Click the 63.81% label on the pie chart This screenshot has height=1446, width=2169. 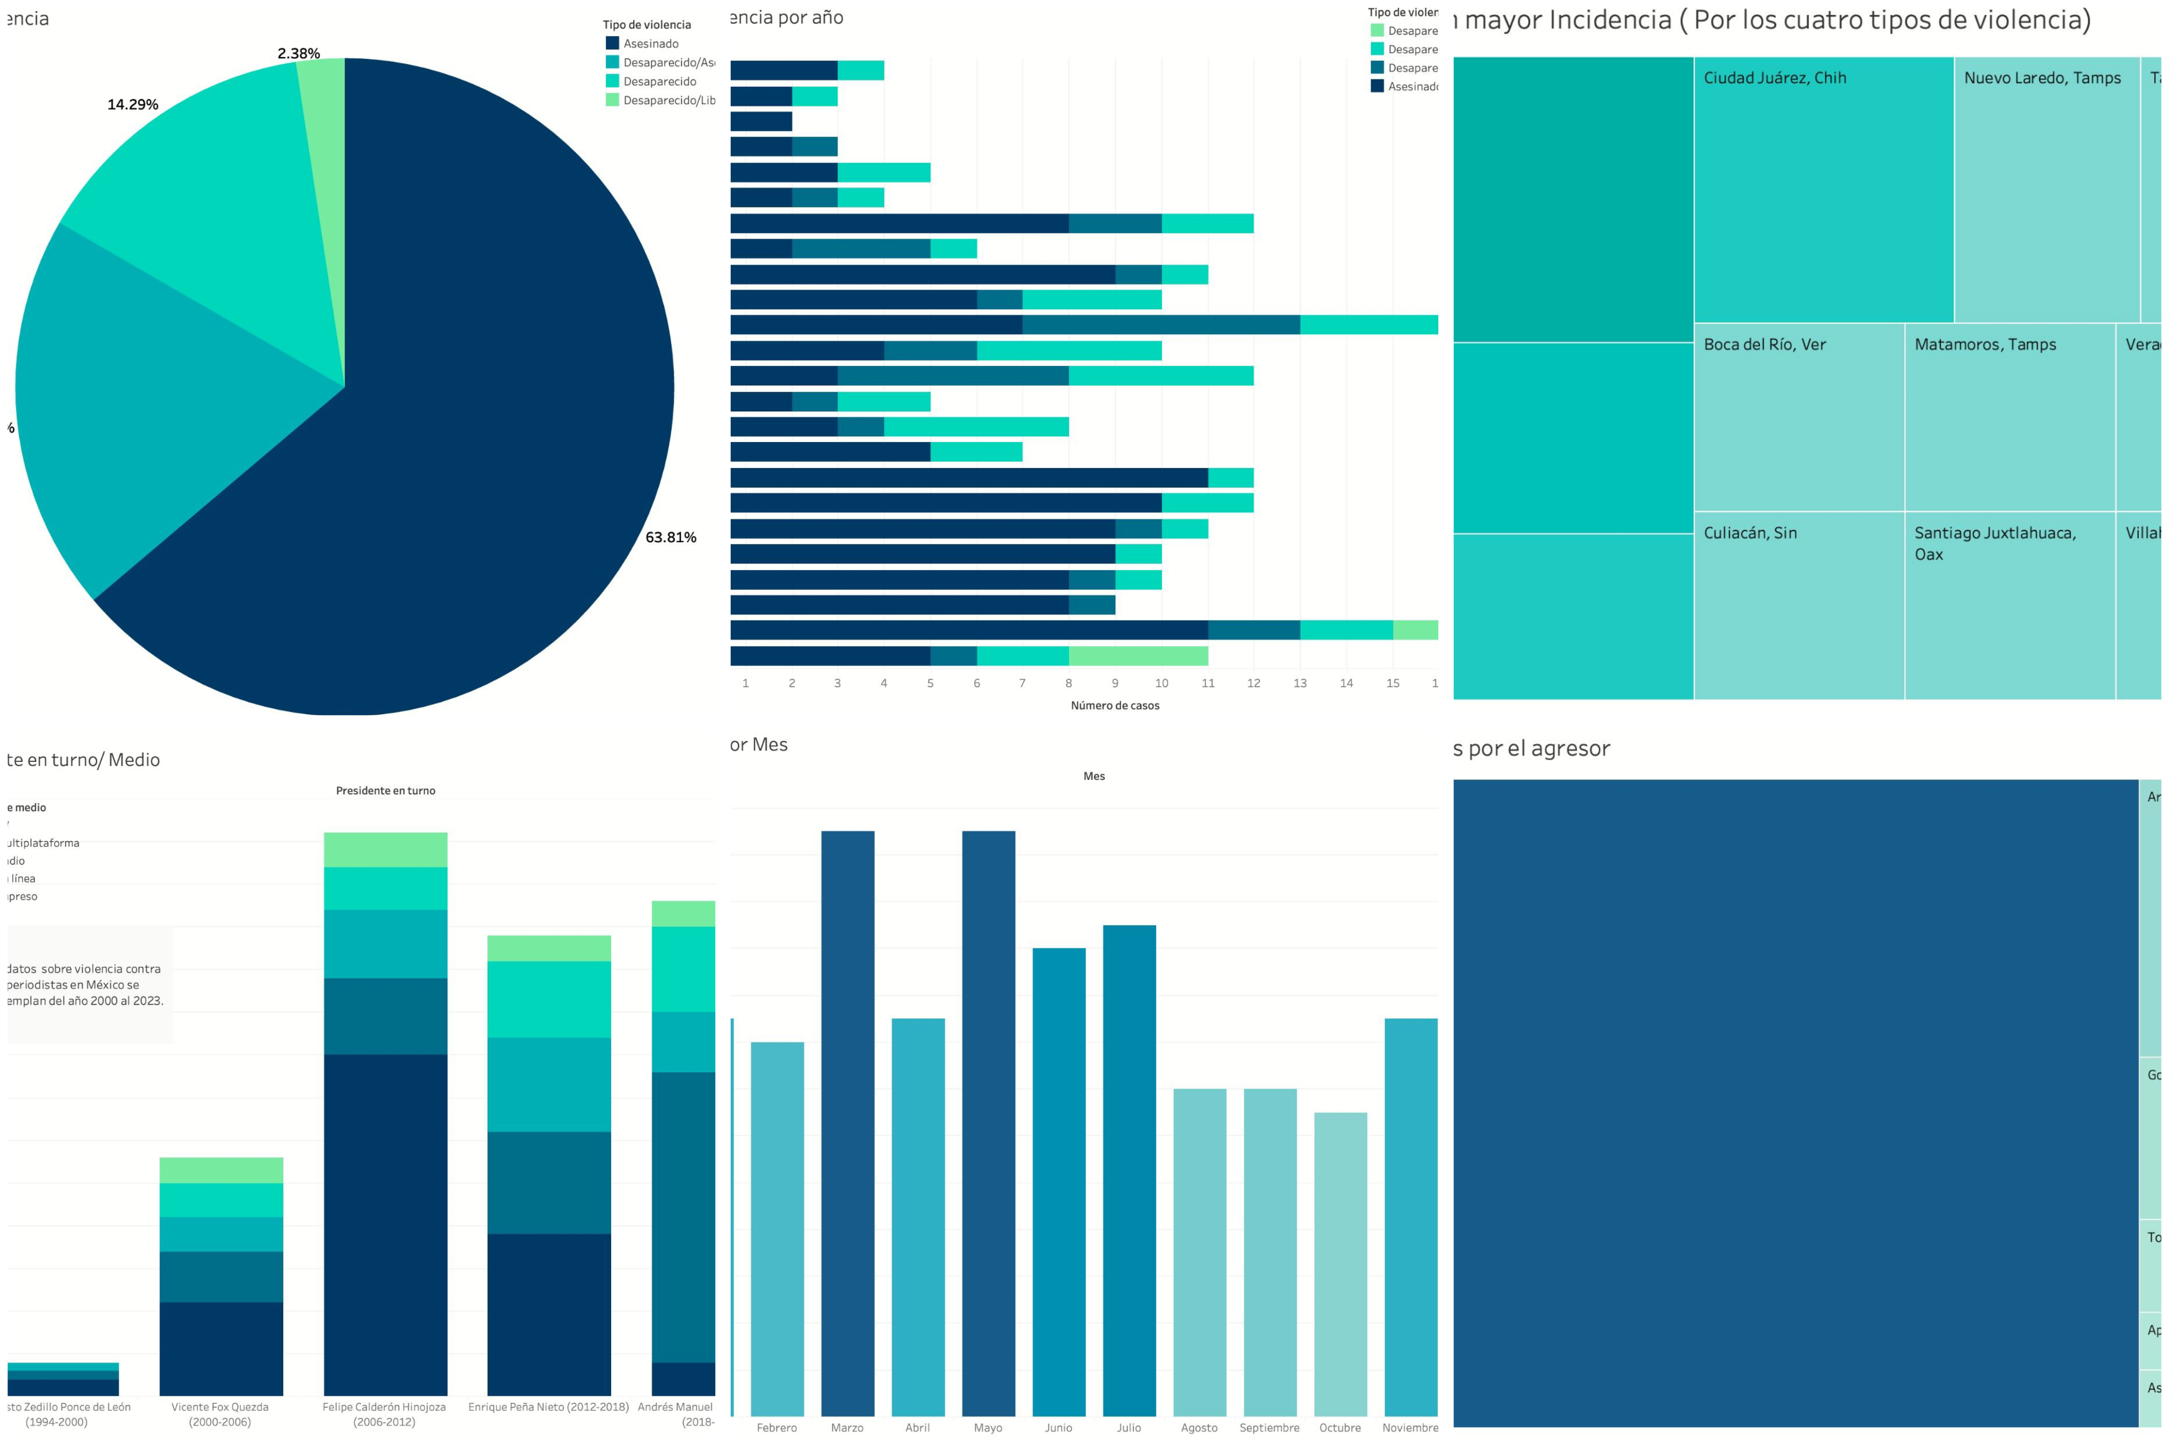[x=670, y=537]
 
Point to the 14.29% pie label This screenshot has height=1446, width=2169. [x=133, y=104]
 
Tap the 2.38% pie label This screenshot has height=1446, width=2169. [x=299, y=53]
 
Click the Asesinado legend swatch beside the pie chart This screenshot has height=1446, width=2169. [x=612, y=43]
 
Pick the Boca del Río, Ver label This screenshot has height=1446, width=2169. [x=1764, y=345]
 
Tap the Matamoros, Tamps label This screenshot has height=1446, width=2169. [x=1985, y=345]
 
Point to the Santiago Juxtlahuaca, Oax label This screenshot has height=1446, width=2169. [x=1994, y=543]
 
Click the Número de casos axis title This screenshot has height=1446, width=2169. [x=1115, y=705]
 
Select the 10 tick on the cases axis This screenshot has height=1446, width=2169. [x=1161, y=684]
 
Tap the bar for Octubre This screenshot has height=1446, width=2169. [x=1340, y=1263]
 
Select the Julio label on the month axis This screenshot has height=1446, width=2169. [x=1129, y=1427]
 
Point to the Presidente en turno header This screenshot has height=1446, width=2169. [x=386, y=791]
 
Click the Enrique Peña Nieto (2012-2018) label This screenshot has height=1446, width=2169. [x=548, y=1407]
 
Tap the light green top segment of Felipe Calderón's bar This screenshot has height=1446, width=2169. [x=386, y=849]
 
